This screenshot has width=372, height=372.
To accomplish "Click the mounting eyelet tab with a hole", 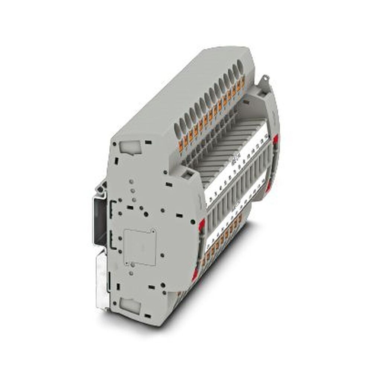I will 266,79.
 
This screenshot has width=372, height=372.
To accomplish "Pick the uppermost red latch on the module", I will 276,140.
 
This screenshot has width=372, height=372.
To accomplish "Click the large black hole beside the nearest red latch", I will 192,222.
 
